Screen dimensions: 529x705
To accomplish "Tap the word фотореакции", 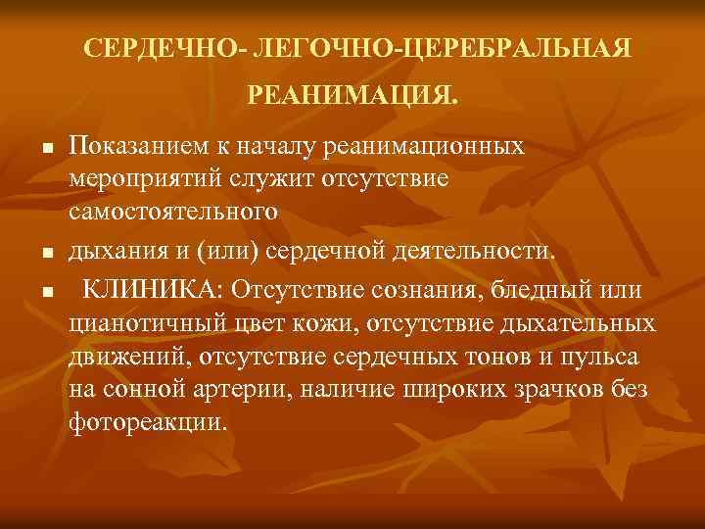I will pos(146,422).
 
